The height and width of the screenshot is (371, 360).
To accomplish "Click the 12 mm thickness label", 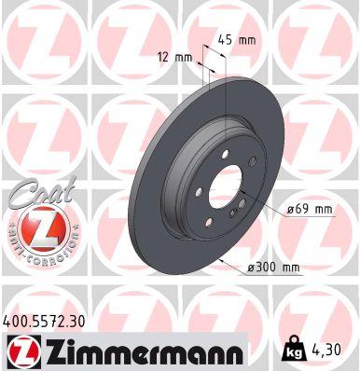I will pyautogui.click(x=175, y=58).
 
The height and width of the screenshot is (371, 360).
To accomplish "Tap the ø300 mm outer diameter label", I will pyautogui.click(x=272, y=268).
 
